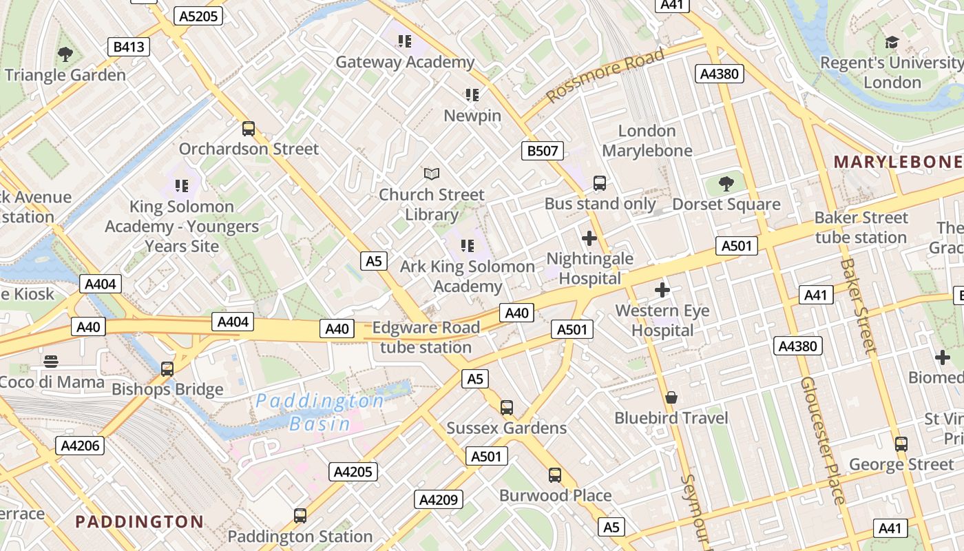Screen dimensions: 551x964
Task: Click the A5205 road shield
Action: [198, 16]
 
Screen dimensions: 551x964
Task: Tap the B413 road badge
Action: [129, 47]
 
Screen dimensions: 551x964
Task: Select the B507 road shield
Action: [542, 151]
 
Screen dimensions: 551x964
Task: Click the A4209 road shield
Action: [439, 499]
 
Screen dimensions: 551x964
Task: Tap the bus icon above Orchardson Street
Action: [249, 129]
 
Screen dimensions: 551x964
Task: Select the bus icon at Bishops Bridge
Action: [167, 368]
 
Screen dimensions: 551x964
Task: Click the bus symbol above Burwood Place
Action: [555, 475]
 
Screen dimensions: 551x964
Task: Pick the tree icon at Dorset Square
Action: [726, 184]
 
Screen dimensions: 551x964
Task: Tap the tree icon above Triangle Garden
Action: [65, 54]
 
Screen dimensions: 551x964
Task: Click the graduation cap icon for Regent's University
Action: [892, 43]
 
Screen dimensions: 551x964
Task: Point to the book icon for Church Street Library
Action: [432, 174]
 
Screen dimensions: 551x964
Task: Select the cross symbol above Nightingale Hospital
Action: [589, 238]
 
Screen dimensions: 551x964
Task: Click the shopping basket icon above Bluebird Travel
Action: [671, 397]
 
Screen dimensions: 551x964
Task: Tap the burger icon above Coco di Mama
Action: [51, 361]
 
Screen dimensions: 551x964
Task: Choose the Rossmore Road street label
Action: [606, 75]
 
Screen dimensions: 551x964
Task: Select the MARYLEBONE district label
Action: [898, 162]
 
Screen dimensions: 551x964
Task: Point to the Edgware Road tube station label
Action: [426, 337]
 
